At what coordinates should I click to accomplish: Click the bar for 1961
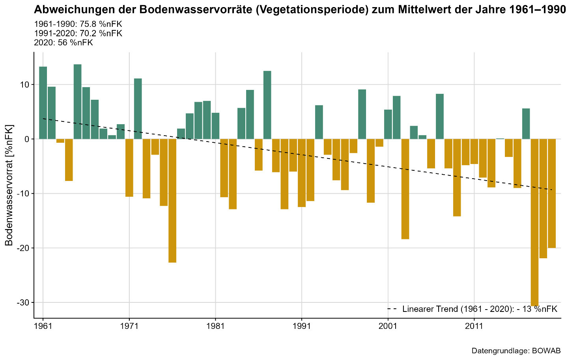[x=43, y=103]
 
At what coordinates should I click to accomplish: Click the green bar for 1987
[x=267, y=105]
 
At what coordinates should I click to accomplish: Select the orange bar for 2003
[x=405, y=189]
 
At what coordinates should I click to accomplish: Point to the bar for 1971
[x=129, y=168]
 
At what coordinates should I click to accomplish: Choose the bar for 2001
[x=388, y=124]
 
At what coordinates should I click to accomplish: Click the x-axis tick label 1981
[x=215, y=326]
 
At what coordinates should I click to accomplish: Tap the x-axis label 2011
[x=474, y=326]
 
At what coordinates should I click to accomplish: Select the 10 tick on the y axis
[x=26, y=85]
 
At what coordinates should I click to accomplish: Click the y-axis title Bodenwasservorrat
[x=9, y=185]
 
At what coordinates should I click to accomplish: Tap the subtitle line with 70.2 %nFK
[x=78, y=34]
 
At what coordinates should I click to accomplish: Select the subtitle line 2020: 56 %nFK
[x=64, y=43]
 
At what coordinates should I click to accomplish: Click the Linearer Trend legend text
[x=480, y=309]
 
